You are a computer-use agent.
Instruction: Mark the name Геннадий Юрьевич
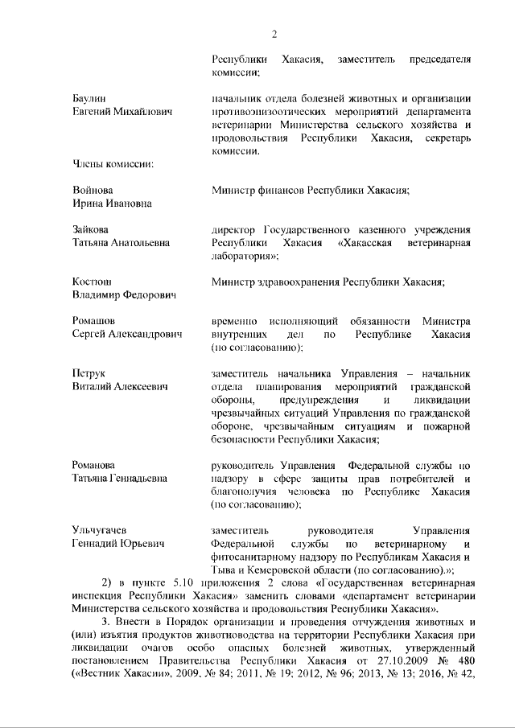[118, 544]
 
